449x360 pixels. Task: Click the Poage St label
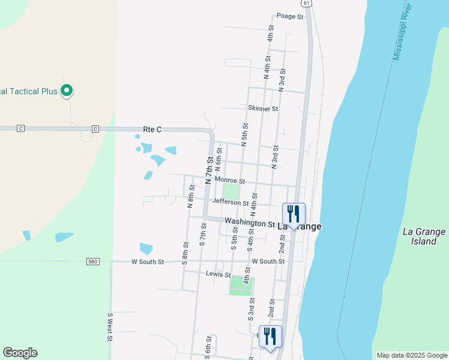click(290, 16)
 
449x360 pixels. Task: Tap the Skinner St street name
click(263, 109)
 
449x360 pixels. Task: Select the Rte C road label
click(153, 129)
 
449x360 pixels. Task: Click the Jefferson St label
click(230, 203)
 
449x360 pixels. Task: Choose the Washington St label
click(250, 223)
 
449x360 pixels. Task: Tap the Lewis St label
click(218, 274)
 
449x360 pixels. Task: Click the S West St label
click(110, 327)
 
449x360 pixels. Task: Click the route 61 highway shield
click(307, 4)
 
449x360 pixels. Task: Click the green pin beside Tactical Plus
click(67, 91)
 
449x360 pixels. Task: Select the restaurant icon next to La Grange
click(294, 214)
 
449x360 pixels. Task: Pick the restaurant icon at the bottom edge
click(270, 337)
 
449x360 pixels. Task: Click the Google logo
click(20, 353)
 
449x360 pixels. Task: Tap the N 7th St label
click(209, 170)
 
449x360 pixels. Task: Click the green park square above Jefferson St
click(231, 191)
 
